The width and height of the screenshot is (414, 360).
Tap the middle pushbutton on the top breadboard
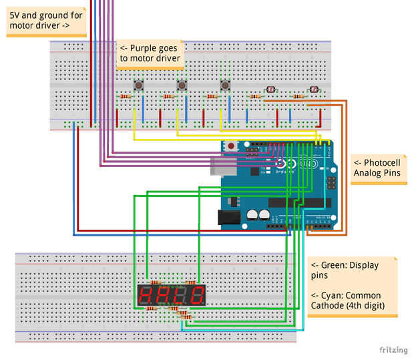tap(182, 85)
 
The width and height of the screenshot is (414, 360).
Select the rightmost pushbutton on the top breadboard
tap(225, 85)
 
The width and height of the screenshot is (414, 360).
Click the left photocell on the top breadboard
tap(270, 89)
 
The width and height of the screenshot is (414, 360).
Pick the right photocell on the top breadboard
tap(313, 89)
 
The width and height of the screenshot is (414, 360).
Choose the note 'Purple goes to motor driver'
tap(150, 53)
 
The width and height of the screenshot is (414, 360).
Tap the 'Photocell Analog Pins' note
tap(377, 168)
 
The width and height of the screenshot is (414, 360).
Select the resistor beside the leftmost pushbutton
tap(125, 97)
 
